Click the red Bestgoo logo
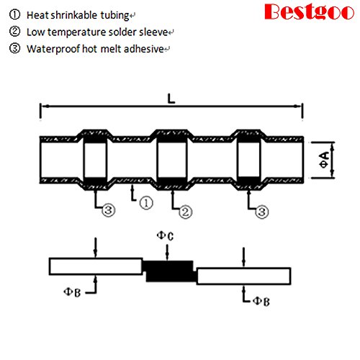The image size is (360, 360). pyautogui.click(x=309, y=12)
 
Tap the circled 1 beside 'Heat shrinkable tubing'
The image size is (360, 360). pyautogui.click(x=14, y=14)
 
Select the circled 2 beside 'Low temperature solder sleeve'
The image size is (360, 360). pyautogui.click(x=14, y=32)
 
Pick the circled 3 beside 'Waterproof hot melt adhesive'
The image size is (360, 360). pyautogui.click(x=14, y=48)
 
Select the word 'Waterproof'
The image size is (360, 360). pyautogui.click(x=53, y=49)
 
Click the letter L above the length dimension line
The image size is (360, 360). pyautogui.click(x=171, y=99)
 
